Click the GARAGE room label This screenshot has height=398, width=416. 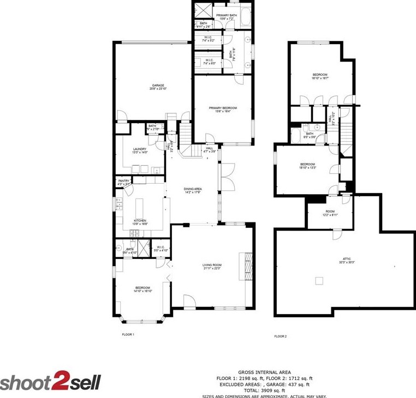tap(158, 86)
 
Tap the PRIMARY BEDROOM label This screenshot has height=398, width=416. tap(223, 108)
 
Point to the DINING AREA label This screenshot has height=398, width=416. tap(193, 189)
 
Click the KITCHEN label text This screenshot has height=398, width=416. tap(140, 220)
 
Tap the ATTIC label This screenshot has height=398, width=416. tap(346, 260)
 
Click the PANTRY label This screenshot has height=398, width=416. tap(124, 181)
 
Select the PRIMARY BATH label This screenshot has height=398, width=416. tap(227, 15)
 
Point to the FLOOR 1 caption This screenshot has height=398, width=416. tap(128, 334)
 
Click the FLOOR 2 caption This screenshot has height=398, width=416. tap(280, 336)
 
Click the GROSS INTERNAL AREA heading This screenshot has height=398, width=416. tap(264, 371)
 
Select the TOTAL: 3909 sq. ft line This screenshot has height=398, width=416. tap(264, 390)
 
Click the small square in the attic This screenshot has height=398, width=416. tap(319, 281)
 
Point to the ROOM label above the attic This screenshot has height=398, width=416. tap(330, 212)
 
